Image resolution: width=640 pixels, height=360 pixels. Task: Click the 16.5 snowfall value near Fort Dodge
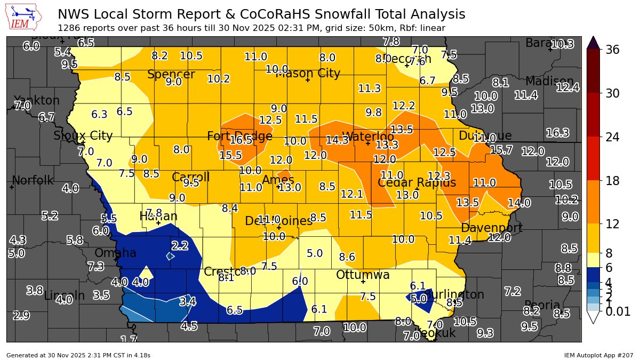pos(241,140)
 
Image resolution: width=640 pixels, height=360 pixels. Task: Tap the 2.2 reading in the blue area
pos(180,246)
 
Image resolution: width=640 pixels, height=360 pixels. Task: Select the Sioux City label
pos(83,136)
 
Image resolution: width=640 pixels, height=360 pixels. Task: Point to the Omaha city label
pos(115,253)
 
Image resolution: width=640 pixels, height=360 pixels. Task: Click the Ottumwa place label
pos(363,275)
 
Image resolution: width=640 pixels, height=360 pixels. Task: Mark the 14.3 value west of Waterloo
pos(337,140)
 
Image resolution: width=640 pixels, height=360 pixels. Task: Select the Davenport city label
pos(491,228)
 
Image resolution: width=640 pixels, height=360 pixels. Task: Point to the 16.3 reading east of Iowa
pos(557,133)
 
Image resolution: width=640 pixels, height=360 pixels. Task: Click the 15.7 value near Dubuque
pos(501,150)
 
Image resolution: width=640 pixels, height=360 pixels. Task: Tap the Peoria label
pos(542,306)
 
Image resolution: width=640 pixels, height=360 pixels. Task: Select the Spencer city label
pos(171,75)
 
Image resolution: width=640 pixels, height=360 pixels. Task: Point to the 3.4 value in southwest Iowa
pos(187,302)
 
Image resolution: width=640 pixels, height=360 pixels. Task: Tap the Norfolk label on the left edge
pos(33,181)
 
